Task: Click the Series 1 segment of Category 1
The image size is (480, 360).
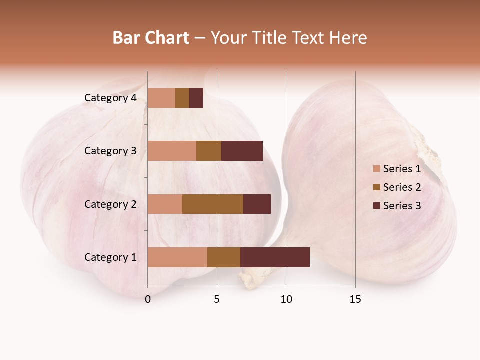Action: (177, 257)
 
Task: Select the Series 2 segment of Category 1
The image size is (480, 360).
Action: (224, 257)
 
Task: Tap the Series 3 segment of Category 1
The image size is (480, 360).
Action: (275, 257)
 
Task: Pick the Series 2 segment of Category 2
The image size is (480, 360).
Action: (213, 204)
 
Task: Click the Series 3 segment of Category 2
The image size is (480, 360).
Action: (257, 204)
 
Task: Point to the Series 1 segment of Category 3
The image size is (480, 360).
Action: (172, 151)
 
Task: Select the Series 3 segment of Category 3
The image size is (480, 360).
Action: (242, 151)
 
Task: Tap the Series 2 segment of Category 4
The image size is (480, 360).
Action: (182, 98)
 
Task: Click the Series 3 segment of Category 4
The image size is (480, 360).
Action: (196, 98)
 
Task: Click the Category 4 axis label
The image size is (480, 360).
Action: (110, 98)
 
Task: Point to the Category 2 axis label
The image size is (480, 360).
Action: (110, 204)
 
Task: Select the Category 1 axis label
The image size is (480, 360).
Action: (110, 257)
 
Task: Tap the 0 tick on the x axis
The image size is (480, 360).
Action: (148, 299)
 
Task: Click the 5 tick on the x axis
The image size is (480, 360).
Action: (217, 299)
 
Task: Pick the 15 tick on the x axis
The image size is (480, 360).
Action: (355, 299)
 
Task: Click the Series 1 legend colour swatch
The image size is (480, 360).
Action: (377, 169)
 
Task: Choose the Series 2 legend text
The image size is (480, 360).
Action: (402, 187)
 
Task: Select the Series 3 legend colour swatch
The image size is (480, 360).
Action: (377, 206)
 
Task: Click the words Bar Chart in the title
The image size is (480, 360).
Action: (151, 38)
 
